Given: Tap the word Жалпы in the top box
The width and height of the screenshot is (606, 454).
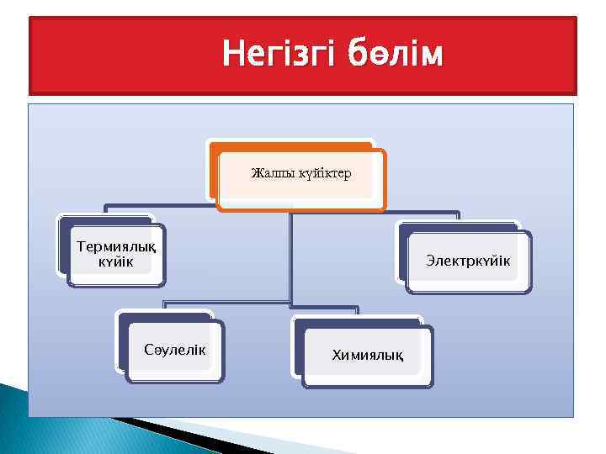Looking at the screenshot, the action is click(x=271, y=174).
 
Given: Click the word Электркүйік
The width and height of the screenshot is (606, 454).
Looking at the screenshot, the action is click(x=467, y=261).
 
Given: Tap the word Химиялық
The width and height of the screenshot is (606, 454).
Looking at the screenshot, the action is click(x=367, y=357).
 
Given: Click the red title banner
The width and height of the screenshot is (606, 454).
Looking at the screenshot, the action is click(x=126, y=55).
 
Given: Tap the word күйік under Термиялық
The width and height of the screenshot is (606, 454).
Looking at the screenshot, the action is click(x=115, y=262).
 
